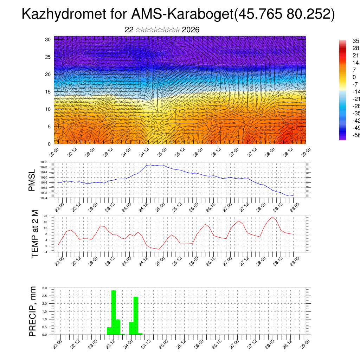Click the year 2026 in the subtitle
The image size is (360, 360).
[191, 30]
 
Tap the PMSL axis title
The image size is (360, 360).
[32, 180]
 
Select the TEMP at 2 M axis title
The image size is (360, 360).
[35, 234]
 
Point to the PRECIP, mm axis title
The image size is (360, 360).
[33, 311]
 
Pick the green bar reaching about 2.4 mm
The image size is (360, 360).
[136, 316]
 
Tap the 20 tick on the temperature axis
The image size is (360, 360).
[45, 216]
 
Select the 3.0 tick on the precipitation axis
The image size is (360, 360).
[45, 288]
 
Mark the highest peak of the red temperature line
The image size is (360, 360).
[272, 217]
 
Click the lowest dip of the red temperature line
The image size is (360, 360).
[159, 249]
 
